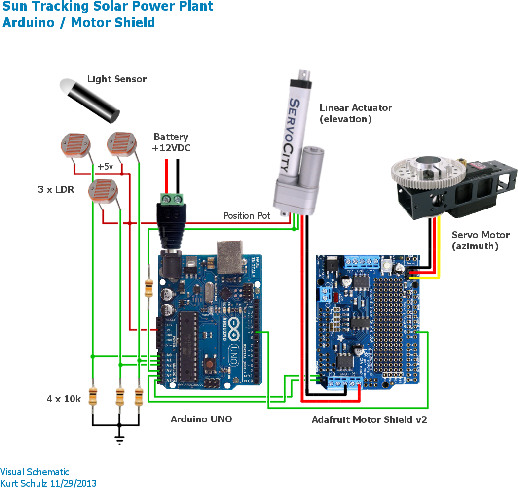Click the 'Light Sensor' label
coord(116,79)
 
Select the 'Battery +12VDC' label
coord(171,142)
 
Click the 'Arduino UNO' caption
coord(201,419)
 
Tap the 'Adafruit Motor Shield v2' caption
coord(369,419)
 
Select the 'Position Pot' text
coord(247,216)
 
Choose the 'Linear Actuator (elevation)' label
coord(355,113)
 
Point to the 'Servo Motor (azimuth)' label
coord(474,241)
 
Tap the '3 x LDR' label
coord(56,189)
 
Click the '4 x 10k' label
coord(64,399)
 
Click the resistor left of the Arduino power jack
coord(148,288)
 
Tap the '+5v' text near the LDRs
coord(105,167)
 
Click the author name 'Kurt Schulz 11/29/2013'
coord(48,483)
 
